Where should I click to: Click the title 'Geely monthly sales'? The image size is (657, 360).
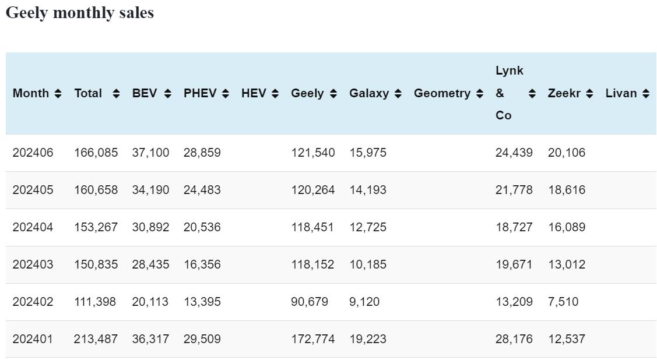tap(80, 13)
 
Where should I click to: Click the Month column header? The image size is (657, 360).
tap(31, 93)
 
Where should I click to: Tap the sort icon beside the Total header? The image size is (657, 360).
tap(116, 93)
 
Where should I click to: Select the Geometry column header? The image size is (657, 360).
tap(442, 93)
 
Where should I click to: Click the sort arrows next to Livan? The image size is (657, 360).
tap(645, 93)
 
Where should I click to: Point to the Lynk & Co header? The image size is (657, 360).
tap(509, 93)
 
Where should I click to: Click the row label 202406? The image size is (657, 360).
tap(33, 153)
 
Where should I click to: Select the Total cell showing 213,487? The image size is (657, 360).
tap(96, 339)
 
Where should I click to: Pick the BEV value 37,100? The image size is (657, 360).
tap(150, 153)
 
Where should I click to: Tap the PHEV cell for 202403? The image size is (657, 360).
tap(202, 264)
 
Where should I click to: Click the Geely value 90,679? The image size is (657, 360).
tap(310, 302)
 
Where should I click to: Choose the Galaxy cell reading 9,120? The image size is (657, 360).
tap(364, 302)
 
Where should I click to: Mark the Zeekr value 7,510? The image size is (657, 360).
tap(563, 302)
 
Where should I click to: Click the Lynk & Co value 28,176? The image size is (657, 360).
tap(514, 339)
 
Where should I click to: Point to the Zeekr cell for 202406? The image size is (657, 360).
tap(566, 153)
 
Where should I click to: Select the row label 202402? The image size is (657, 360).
tap(33, 302)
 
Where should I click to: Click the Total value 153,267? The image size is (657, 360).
tap(96, 227)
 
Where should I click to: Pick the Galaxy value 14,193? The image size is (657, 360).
tap(367, 190)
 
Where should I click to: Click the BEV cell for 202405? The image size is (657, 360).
tap(150, 190)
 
